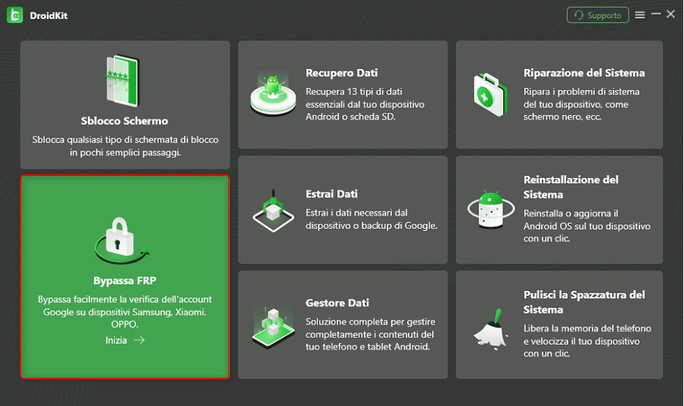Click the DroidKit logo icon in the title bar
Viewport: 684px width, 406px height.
(x=14, y=15)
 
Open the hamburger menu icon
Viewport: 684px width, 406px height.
(x=640, y=15)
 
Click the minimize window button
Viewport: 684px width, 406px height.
(x=656, y=14)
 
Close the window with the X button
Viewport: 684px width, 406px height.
(x=670, y=14)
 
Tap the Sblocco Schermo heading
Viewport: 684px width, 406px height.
(x=124, y=120)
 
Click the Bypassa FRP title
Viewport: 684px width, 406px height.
(x=124, y=280)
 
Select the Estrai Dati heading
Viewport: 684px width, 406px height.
(x=331, y=194)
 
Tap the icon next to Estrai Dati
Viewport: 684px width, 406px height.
(x=272, y=209)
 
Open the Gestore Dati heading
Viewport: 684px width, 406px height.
(x=337, y=303)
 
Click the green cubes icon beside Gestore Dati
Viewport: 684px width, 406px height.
(x=272, y=324)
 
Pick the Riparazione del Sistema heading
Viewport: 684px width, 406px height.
(x=583, y=73)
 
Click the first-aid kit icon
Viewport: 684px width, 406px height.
(x=489, y=94)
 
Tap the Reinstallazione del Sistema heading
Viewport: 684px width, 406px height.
(x=571, y=186)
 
